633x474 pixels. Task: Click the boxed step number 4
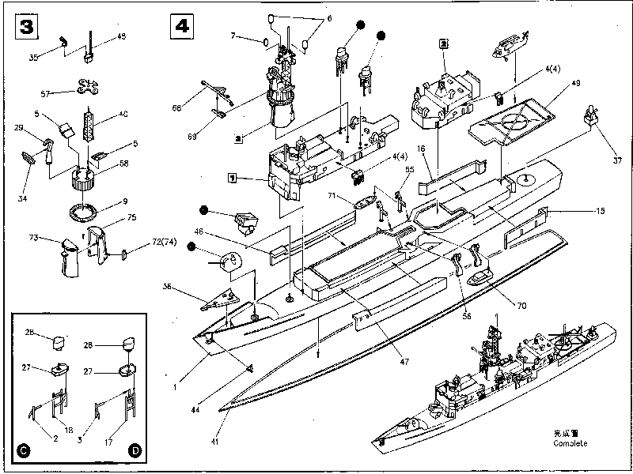pos(181,26)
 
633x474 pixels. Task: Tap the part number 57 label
pos(45,94)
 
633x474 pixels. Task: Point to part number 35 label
pos(33,57)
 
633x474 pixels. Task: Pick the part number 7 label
pos(234,36)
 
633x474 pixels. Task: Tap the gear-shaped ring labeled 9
pos(82,211)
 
